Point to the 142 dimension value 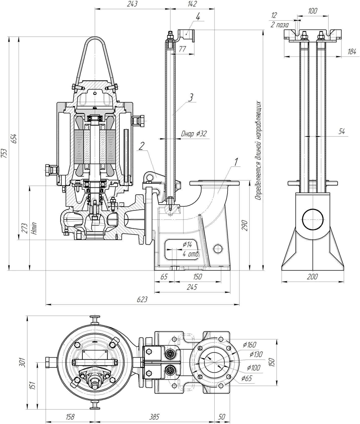pos(192,4)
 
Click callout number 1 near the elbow pos(236,162)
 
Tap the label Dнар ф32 pos(194,134)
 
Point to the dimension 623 pos(142,300)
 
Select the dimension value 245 pos(192,287)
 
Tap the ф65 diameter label pos(247,378)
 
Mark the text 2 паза pos(280,25)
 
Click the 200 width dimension pos(312,277)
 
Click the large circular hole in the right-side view pos(313,220)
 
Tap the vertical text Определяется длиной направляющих pos(258,151)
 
